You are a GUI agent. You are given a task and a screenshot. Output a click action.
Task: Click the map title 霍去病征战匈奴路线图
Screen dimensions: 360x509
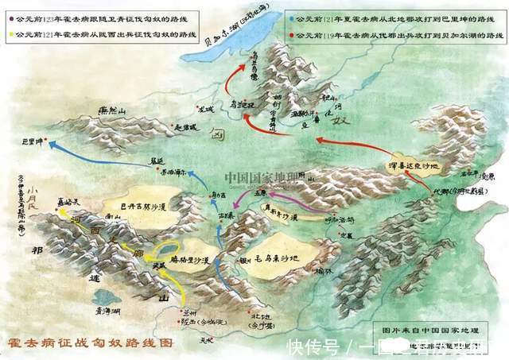(87, 343)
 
